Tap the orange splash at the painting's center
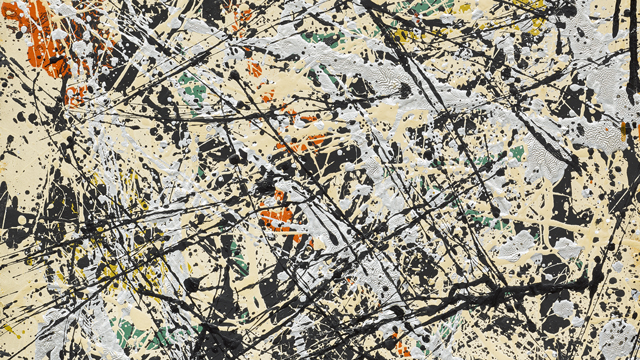pos(277,213)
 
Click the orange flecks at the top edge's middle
pos(240,15)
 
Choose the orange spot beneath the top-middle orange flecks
pos(254,70)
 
